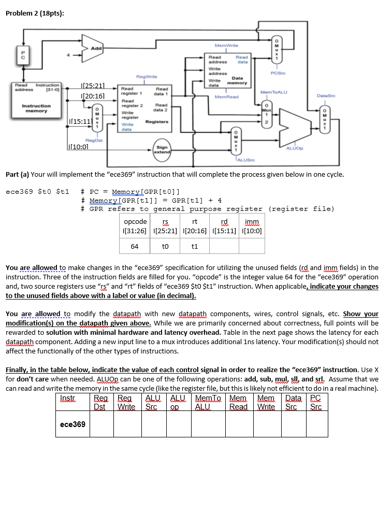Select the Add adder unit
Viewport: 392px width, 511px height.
96,48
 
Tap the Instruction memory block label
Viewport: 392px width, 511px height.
36,108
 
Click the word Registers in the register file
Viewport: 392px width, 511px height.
156,122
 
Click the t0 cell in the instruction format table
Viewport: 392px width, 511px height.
165,246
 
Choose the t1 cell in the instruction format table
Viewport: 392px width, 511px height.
194,246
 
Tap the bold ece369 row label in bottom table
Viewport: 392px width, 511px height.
72,424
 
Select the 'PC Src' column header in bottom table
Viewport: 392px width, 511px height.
315,402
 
